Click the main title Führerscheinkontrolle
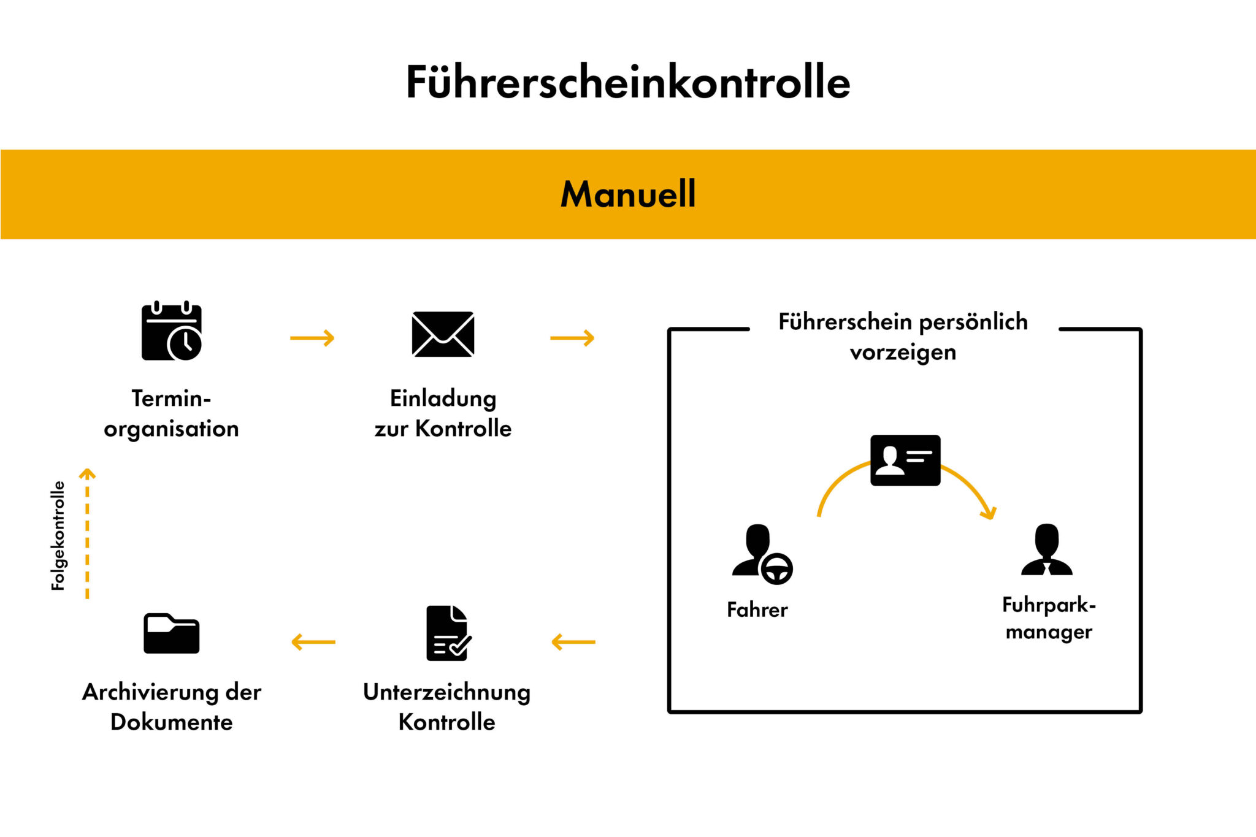(628, 82)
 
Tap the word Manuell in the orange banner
(628, 194)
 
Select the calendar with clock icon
(171, 331)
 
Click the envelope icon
(443, 334)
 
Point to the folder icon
(171, 633)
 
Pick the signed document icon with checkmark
(448, 633)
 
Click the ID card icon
(905, 461)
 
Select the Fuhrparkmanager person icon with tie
(1047, 550)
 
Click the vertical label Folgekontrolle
(58, 535)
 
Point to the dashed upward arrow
(87, 533)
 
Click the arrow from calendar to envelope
(312, 338)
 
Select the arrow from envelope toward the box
(572, 338)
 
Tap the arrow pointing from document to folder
(313, 642)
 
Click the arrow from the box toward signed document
(573, 642)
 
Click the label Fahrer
(757, 610)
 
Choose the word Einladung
(443, 399)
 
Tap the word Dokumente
(171, 722)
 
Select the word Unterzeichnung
(446, 692)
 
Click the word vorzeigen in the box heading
(903, 353)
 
